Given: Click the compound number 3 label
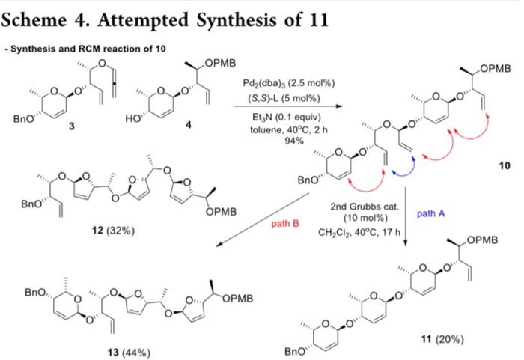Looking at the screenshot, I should click(72, 126).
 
